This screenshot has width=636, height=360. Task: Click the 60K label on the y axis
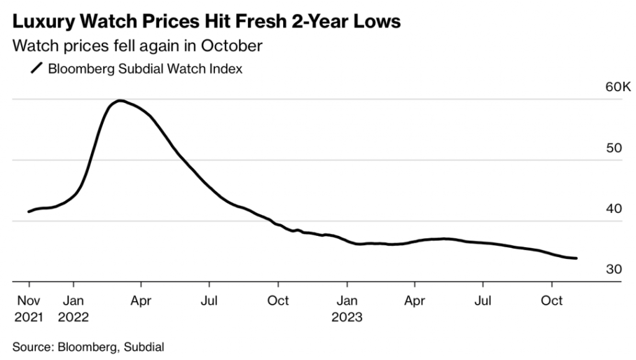click(618, 87)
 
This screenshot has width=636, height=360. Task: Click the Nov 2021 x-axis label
click(28, 308)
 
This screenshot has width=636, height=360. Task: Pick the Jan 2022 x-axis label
click(73, 308)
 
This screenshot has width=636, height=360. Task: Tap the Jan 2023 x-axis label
click(347, 308)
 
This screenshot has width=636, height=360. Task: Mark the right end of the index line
click(577, 258)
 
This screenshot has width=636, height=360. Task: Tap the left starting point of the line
click(29, 212)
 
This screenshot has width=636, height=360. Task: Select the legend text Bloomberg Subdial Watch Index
click(145, 68)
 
